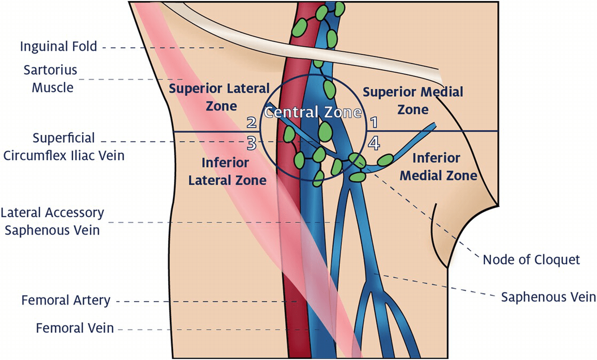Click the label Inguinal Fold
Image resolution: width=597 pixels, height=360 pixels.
(58, 47)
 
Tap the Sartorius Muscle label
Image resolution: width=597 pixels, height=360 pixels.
(51, 79)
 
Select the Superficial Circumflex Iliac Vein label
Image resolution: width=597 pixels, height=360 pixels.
(64, 146)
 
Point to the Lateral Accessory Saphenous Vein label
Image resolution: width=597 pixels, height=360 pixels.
(52, 221)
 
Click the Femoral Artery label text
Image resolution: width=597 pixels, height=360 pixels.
(66, 300)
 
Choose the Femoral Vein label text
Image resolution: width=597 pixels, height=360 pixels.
(75, 328)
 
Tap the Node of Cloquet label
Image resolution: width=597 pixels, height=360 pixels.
(531, 259)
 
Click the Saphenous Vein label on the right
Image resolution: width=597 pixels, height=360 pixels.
(548, 297)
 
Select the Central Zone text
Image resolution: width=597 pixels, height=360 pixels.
(313, 113)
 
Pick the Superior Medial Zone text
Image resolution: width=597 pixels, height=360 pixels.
(413, 100)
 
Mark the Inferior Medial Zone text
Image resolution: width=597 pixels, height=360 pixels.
(438, 167)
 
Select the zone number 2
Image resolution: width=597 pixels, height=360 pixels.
(251, 123)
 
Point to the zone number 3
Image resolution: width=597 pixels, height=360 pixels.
(251, 142)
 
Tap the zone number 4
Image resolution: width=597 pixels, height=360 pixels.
(374, 142)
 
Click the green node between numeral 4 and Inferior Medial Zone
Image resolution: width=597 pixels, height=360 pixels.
(385, 159)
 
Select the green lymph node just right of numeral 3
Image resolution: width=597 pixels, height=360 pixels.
(289, 134)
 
